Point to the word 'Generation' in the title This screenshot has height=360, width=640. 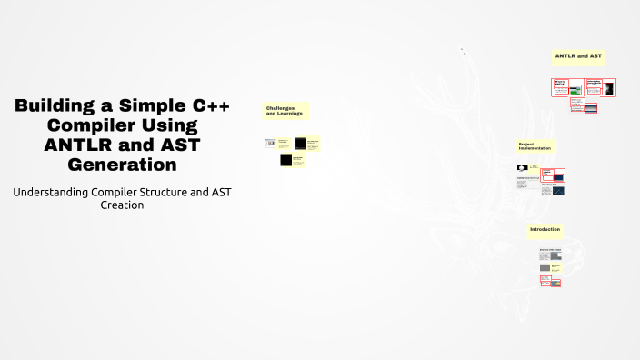[122, 165]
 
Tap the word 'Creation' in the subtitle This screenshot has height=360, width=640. [122, 205]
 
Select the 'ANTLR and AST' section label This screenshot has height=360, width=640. [578, 56]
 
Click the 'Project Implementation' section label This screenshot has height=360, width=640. [535, 146]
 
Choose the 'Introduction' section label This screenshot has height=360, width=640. [545, 230]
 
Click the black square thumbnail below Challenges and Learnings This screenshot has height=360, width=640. [286, 160]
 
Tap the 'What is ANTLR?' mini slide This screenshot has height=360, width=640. [561, 86]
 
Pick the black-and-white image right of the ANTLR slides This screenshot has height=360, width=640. [608, 88]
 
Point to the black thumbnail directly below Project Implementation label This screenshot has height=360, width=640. [522, 168]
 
